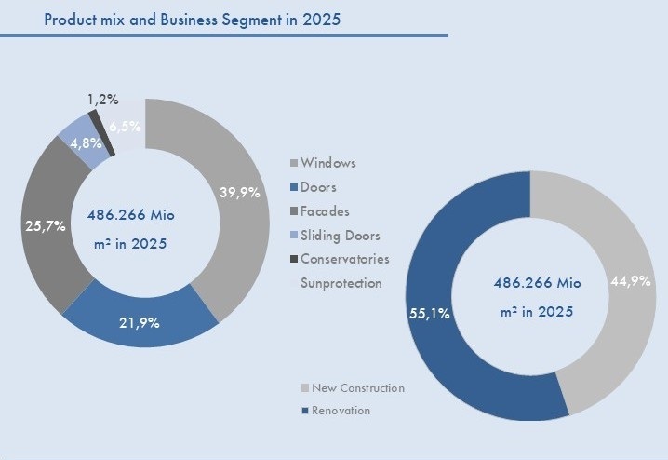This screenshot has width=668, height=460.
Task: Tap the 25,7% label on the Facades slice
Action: point(43,225)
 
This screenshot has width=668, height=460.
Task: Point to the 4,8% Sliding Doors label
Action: point(74,143)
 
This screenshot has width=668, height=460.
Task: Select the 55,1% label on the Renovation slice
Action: point(431,314)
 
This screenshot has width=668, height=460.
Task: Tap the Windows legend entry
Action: point(327,163)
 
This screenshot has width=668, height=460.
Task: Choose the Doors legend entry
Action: point(319,187)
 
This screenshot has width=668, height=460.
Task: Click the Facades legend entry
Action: point(324,211)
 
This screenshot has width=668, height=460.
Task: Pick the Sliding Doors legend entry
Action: point(340,236)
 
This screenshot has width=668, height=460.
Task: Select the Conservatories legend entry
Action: point(344,259)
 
